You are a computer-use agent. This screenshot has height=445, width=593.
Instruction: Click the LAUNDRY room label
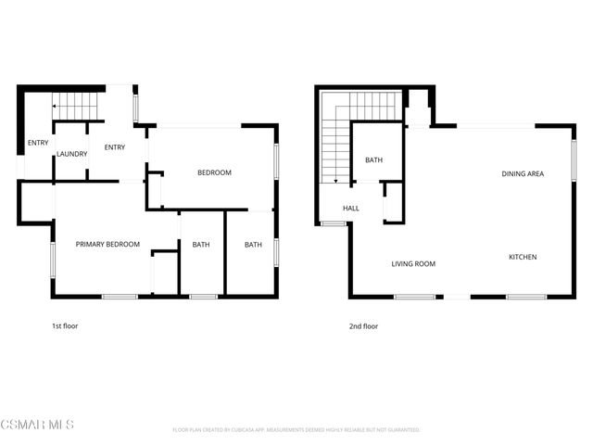(71, 154)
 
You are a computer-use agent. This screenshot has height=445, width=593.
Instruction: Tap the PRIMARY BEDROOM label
(107, 245)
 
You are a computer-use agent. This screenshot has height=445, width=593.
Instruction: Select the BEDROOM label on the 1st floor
(214, 173)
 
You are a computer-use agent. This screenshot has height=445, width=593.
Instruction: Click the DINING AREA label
(523, 173)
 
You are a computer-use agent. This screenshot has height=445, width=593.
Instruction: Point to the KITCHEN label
(523, 257)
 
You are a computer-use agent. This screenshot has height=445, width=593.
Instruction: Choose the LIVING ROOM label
(413, 264)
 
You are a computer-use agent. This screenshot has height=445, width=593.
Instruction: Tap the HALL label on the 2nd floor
(351, 209)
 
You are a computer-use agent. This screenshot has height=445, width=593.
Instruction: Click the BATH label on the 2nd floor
(373, 160)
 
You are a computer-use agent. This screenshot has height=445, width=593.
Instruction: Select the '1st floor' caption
(65, 326)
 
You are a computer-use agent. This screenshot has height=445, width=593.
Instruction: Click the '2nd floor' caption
(363, 326)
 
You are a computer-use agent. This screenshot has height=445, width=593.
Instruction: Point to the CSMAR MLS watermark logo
(37, 425)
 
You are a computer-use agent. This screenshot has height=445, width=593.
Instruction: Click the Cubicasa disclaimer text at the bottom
(296, 430)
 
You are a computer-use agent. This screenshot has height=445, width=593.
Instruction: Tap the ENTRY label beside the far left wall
(38, 143)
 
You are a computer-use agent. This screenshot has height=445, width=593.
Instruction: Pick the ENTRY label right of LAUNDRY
(115, 147)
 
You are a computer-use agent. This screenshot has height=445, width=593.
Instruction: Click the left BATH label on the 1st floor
(201, 245)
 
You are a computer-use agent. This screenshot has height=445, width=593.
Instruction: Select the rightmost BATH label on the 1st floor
(253, 245)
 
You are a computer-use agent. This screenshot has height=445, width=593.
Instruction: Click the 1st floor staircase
(74, 105)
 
